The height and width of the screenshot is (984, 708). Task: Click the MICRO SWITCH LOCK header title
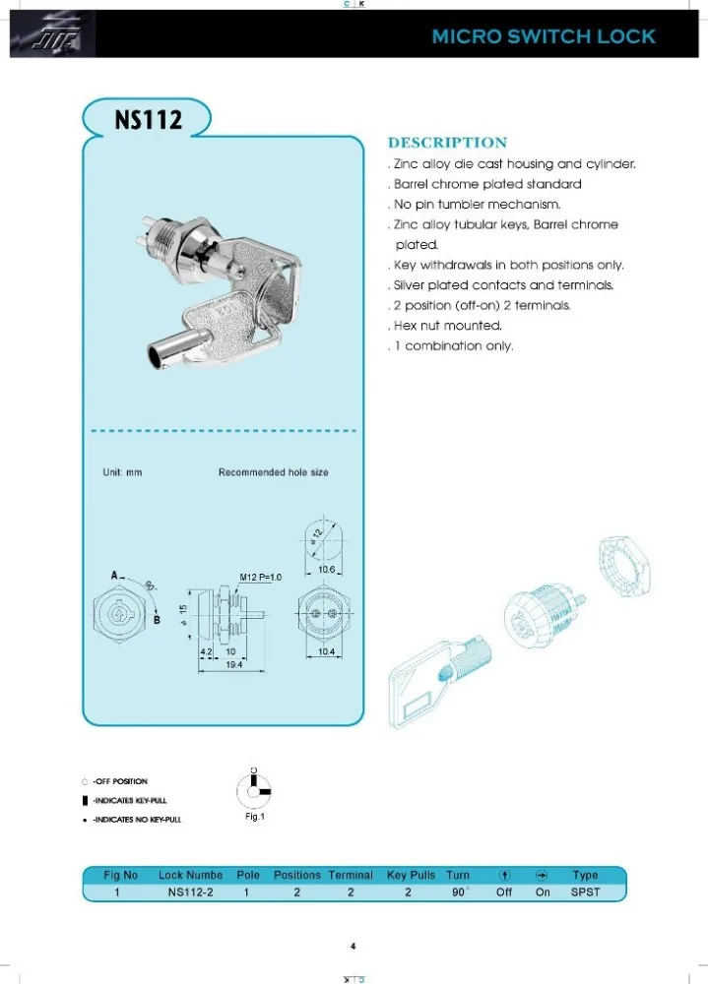pyautogui.click(x=544, y=36)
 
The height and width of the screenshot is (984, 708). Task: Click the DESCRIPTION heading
pyautogui.click(x=447, y=143)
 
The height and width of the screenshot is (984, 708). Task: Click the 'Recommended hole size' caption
pyautogui.click(x=273, y=472)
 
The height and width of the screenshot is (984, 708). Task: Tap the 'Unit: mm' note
pyautogui.click(x=122, y=472)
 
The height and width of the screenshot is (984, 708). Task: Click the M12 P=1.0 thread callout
pyautogui.click(x=260, y=578)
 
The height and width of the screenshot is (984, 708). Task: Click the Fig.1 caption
pyautogui.click(x=254, y=816)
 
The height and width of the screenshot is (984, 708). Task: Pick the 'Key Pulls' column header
pyautogui.click(x=411, y=875)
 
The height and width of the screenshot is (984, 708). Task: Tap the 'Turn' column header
pyautogui.click(x=458, y=875)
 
